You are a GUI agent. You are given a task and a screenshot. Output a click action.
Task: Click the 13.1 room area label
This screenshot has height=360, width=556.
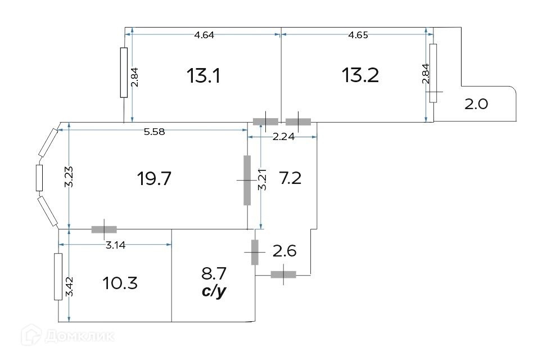[203, 75]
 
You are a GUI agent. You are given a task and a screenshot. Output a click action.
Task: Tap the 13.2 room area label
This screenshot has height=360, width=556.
[360, 75]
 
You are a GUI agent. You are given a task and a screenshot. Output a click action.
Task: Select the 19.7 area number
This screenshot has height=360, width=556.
[154, 178]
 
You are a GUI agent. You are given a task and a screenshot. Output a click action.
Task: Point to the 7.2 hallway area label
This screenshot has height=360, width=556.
[291, 178]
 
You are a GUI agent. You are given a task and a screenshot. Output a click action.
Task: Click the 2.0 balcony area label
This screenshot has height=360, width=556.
[476, 104]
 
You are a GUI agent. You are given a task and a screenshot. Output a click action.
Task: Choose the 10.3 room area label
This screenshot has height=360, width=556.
[120, 283]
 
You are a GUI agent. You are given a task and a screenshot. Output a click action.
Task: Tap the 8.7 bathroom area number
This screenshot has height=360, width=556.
[214, 273]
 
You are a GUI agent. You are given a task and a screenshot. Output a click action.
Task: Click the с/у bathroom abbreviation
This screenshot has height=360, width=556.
[214, 291]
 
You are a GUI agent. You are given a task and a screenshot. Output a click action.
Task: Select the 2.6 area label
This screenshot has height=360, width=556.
[284, 251]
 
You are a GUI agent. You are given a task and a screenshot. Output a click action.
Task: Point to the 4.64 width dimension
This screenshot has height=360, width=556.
[204, 35]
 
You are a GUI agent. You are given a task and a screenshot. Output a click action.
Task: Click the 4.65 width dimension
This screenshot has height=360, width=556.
[358, 35]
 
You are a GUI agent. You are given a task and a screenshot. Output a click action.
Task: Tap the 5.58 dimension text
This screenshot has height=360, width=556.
[154, 132]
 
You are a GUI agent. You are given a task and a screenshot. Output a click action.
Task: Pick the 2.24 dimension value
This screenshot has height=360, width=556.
[283, 137]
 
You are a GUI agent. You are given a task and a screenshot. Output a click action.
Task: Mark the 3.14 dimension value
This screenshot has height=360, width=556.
[116, 245]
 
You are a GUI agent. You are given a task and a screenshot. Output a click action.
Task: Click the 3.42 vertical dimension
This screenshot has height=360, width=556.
[69, 286]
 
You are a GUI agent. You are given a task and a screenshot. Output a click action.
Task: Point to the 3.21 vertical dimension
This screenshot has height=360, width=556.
[263, 179]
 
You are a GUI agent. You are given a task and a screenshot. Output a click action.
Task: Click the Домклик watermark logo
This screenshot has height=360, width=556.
[67, 335]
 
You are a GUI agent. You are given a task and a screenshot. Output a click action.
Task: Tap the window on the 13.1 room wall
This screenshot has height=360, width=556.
[124, 73]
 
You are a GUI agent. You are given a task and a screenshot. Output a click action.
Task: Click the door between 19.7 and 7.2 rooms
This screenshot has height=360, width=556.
[247, 180]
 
